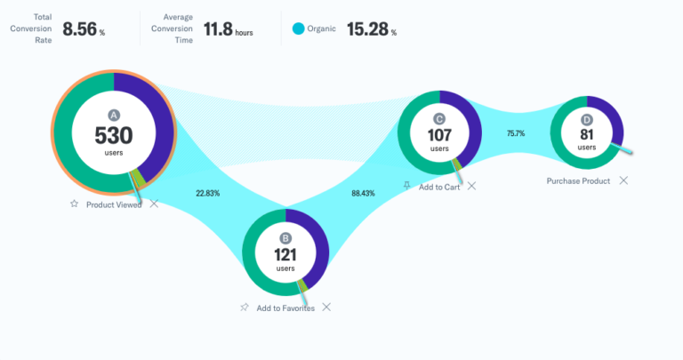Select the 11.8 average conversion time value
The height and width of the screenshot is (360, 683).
pyautogui.click(x=218, y=29)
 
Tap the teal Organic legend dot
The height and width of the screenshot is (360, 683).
pyautogui.click(x=299, y=29)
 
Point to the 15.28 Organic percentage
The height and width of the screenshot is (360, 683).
pyautogui.click(x=366, y=29)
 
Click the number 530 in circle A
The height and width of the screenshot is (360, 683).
pyautogui.click(x=114, y=135)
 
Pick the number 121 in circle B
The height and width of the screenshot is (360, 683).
pyautogui.click(x=285, y=254)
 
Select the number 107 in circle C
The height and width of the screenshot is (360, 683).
pyautogui.click(x=439, y=135)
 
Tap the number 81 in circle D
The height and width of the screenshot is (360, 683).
pyautogui.click(x=587, y=135)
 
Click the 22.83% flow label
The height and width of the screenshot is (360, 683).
pyautogui.click(x=208, y=192)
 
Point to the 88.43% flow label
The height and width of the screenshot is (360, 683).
pyautogui.click(x=363, y=192)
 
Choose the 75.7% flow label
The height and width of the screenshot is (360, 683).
pyautogui.click(x=516, y=133)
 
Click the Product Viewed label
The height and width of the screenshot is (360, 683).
pyautogui.click(x=114, y=204)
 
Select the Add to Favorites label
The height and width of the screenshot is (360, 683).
pyautogui.click(x=285, y=308)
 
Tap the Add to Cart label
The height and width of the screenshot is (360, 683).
pyautogui.click(x=438, y=186)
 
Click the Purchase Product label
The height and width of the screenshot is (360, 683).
pyautogui.click(x=578, y=180)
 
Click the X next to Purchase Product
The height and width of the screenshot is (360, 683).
pyautogui.click(x=623, y=180)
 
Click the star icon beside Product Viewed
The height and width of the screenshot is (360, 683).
pyautogui.click(x=75, y=204)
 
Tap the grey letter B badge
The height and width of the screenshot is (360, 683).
pyautogui.click(x=285, y=238)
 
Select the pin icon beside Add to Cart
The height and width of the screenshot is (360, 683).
pyautogui.click(x=406, y=186)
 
